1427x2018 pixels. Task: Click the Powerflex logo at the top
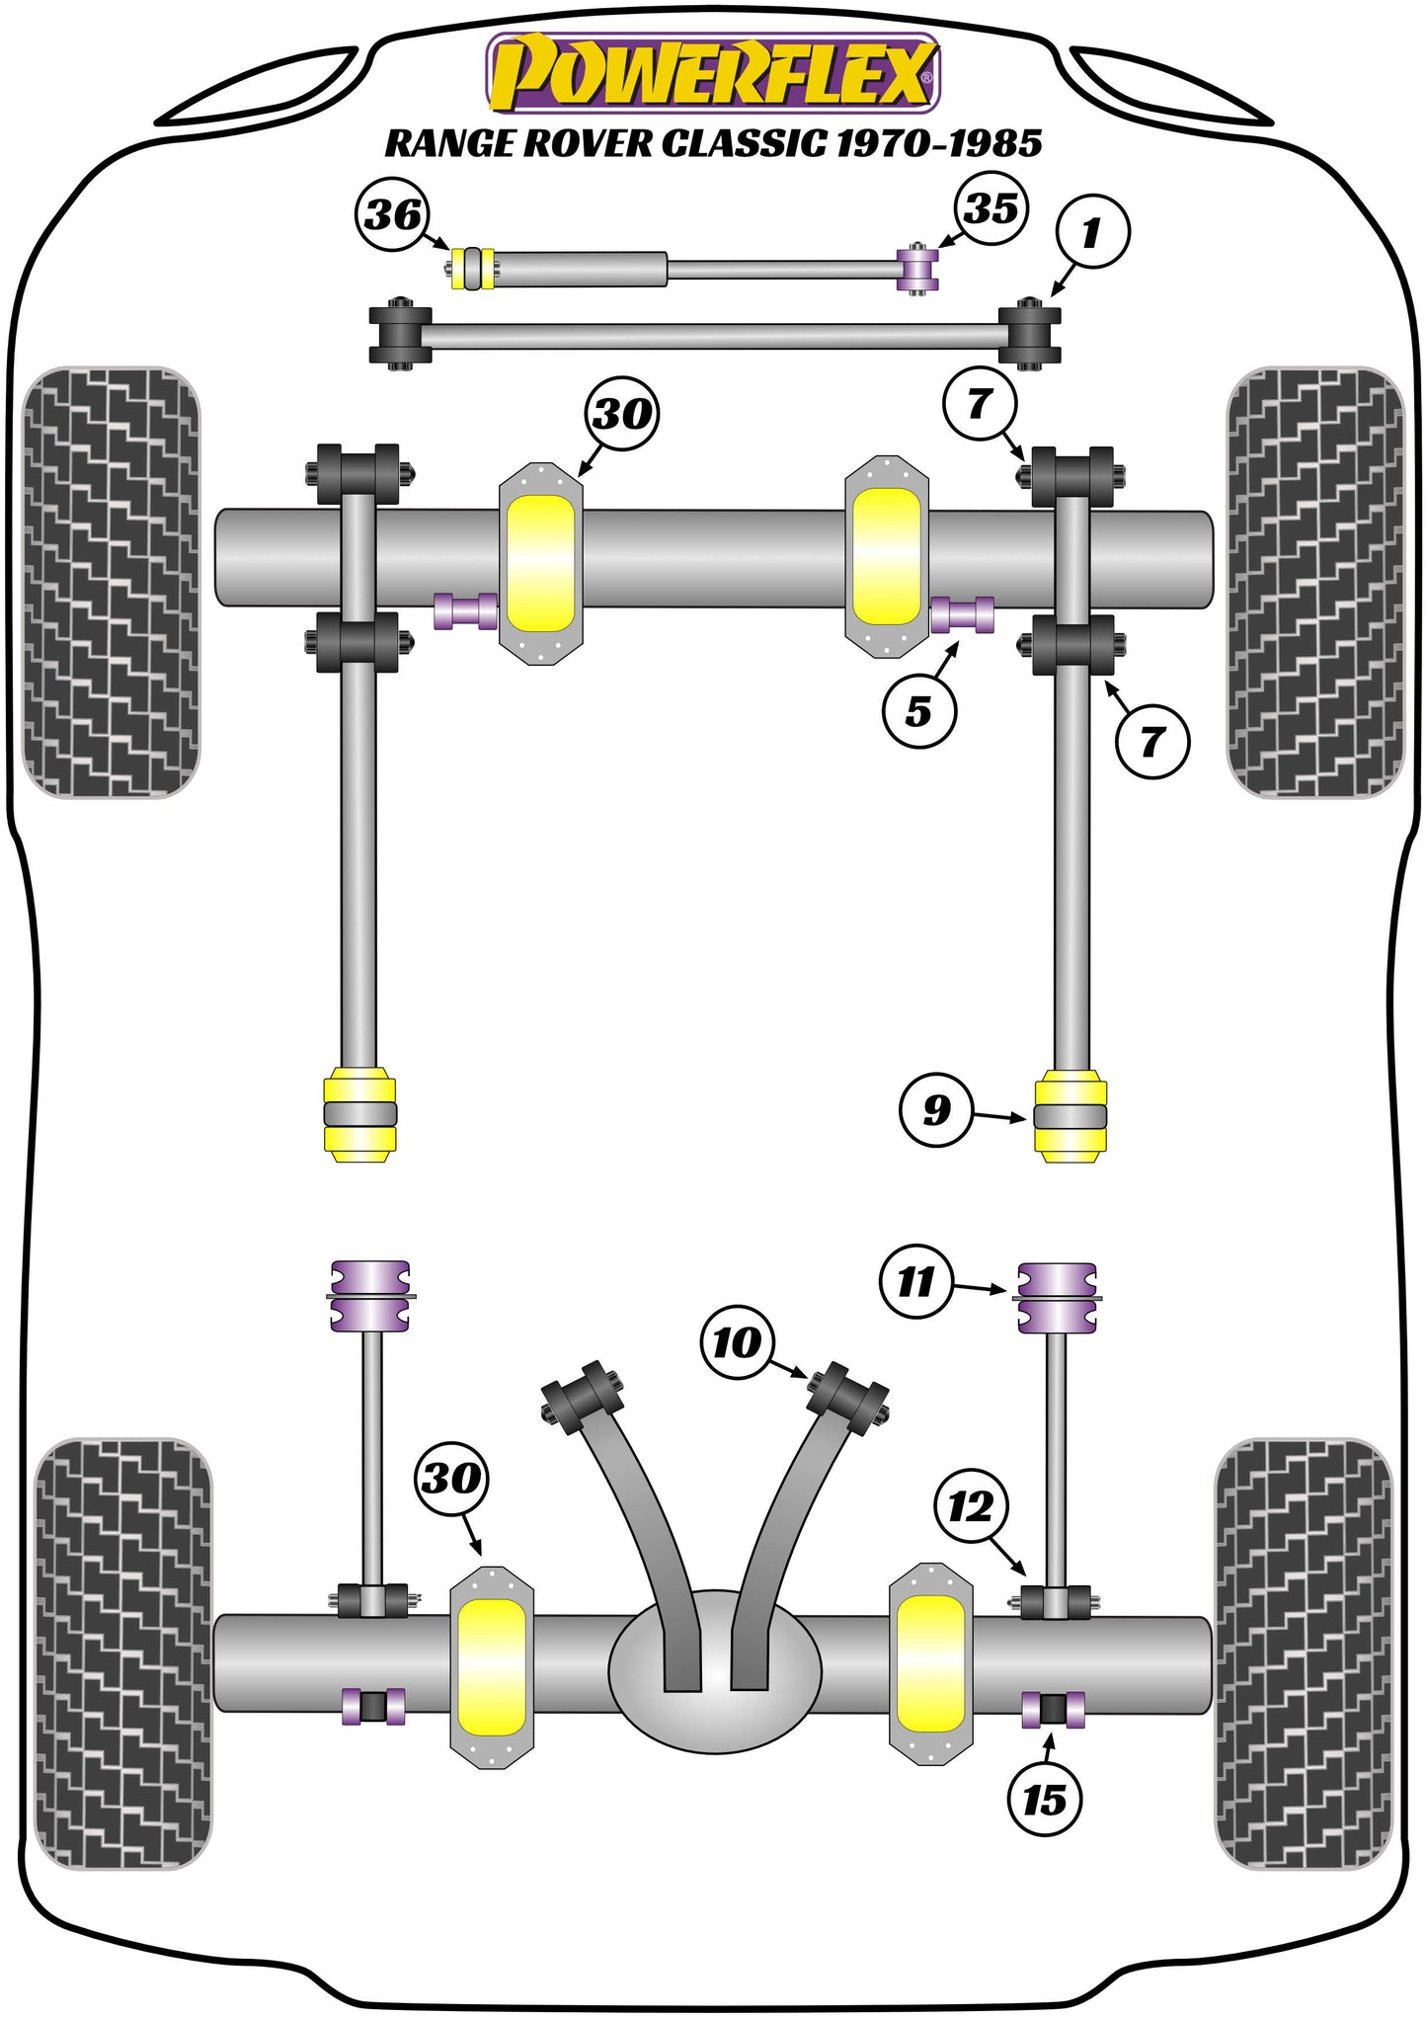(713, 73)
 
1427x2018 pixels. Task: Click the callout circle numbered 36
(392, 214)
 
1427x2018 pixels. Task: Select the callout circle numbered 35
(991, 208)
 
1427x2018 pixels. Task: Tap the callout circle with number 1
(1091, 233)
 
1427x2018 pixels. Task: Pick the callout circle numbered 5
(919, 711)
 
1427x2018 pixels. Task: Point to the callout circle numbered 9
(936, 1110)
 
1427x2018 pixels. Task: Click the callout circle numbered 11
(916, 1282)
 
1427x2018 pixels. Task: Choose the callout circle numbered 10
(737, 1342)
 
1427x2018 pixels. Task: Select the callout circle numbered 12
(971, 1507)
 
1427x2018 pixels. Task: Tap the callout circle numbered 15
(1045, 1800)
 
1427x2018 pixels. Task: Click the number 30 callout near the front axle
(622, 413)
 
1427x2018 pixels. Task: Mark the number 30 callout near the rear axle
(451, 1479)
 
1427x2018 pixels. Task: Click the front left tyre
(111, 583)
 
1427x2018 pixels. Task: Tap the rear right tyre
(1302, 1654)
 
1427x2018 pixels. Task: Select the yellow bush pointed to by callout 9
(1070, 1116)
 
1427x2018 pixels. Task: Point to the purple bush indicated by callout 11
(1057, 1298)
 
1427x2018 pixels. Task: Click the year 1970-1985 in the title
(939, 144)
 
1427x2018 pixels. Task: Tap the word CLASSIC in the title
(744, 144)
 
